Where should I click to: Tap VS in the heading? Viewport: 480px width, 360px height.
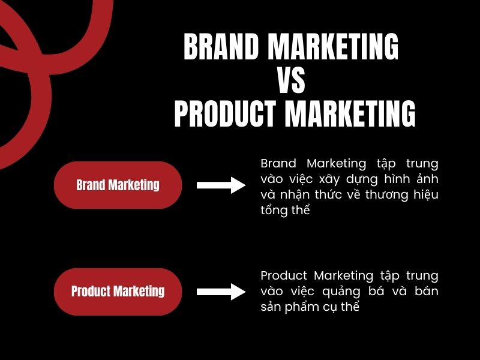[x=291, y=80]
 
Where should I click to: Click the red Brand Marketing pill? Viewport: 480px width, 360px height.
[x=118, y=185]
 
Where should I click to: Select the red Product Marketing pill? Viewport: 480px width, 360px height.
[x=118, y=292]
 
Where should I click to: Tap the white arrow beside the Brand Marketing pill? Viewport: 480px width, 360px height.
[x=221, y=185]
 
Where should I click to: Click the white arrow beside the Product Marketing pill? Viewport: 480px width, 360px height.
[x=221, y=292]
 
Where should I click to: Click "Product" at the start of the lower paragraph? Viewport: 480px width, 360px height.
[x=284, y=275]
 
